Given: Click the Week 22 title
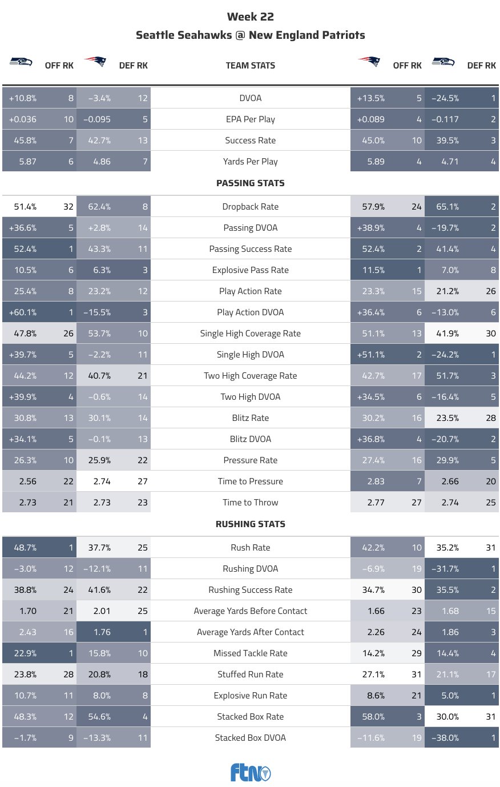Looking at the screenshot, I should [250, 17].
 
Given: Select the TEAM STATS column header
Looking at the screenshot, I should [250, 66].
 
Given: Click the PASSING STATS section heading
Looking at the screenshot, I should [250, 183].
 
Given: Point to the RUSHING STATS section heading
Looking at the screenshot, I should [250, 524].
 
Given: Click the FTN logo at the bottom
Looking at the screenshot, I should [250, 772].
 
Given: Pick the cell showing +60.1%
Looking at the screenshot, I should [23, 312].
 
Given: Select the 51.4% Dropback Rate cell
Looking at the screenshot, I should [25, 207].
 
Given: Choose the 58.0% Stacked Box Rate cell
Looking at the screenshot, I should [373, 717].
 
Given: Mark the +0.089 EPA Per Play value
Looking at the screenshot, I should [371, 119].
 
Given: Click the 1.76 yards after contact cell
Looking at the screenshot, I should [102, 632].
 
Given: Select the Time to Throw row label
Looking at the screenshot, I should [250, 503].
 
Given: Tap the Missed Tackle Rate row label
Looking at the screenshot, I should [250, 653].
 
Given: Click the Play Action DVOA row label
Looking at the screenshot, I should [250, 312].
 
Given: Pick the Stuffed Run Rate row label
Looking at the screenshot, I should [250, 674].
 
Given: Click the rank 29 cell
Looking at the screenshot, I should [417, 653].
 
